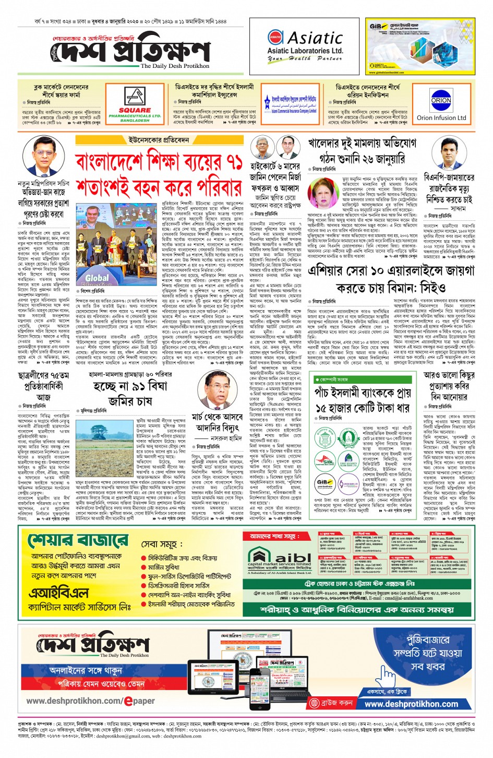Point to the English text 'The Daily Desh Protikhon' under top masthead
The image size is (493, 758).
tap(174, 66)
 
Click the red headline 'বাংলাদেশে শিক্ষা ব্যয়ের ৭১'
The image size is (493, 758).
tap(159, 162)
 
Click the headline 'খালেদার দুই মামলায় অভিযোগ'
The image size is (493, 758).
tap(362, 143)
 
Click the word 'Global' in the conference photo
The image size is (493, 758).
tap(97, 278)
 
